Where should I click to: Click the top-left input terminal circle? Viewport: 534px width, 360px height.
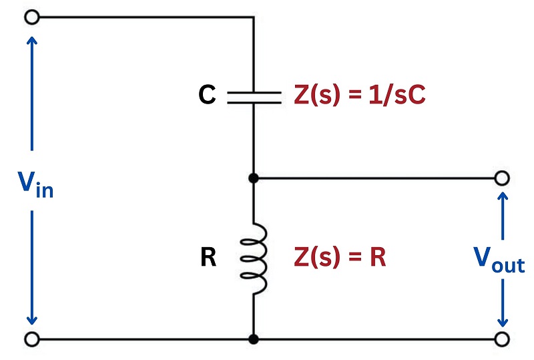coord(32,17)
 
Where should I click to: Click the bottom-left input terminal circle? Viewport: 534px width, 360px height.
coord(32,339)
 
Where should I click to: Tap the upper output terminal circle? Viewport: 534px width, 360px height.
coord(502,178)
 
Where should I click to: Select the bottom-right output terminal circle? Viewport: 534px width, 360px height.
coord(502,339)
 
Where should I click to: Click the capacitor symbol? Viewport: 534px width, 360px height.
coord(254,98)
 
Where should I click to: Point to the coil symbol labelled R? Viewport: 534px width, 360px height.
coord(254,258)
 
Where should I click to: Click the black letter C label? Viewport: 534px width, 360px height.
coord(207,94)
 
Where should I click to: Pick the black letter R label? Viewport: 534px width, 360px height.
coord(208,256)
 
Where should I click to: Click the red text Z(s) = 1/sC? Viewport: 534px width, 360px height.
coord(360,94)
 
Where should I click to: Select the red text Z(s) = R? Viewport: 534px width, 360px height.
coord(340,256)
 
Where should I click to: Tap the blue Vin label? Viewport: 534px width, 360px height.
coord(35,184)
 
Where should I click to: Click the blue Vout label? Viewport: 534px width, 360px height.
coord(499,260)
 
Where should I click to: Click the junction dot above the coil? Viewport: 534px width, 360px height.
coord(254,178)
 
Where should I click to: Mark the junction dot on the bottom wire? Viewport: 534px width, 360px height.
coord(254,339)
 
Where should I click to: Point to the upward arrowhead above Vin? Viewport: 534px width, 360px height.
coord(32,41)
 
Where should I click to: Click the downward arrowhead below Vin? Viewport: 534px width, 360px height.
coord(32,321)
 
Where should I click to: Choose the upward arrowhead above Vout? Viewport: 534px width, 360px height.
coord(503,196)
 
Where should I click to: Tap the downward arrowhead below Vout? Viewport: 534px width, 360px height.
coord(503,323)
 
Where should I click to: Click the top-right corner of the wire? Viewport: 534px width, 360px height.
coord(254,17)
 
